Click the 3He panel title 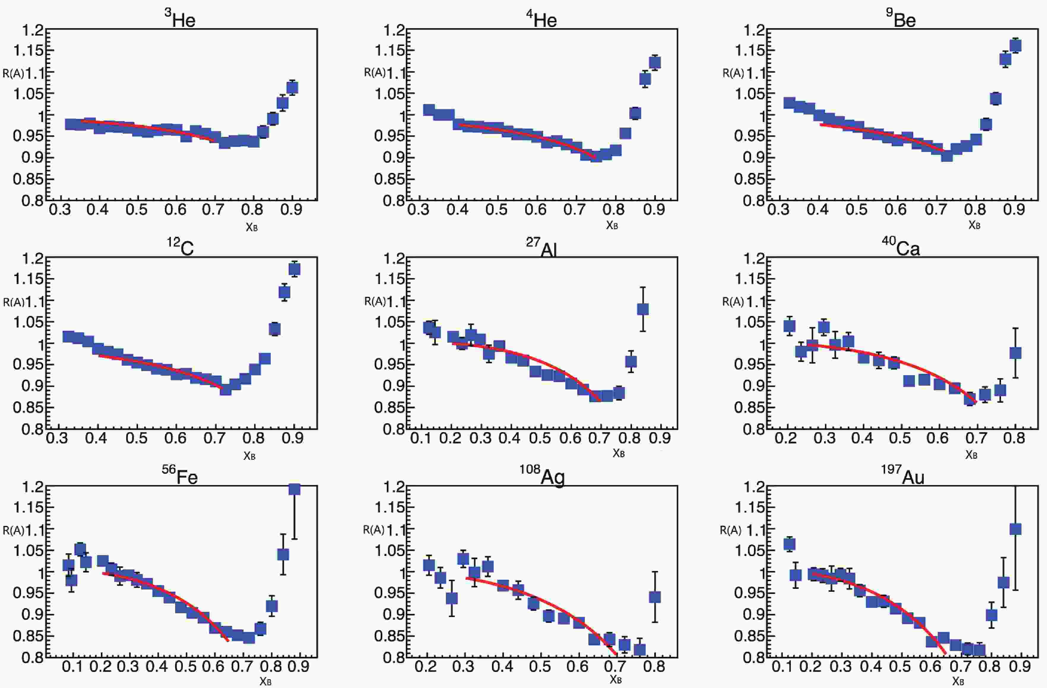click(180, 19)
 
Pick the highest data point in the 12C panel click(294, 268)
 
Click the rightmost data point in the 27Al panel click(643, 309)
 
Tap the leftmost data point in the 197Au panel click(790, 544)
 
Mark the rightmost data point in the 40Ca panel click(1015, 353)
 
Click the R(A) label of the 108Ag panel click(373, 530)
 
